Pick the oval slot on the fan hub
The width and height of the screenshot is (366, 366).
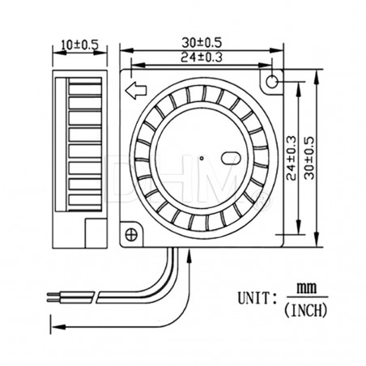[x=230, y=158]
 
